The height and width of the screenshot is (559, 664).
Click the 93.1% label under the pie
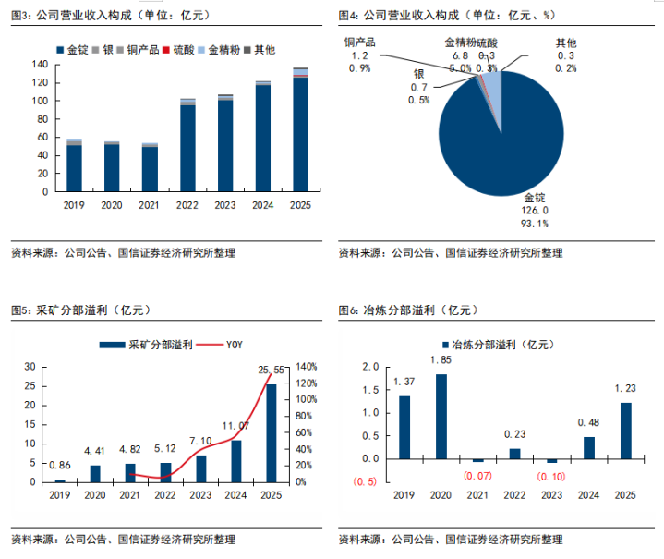point(536,224)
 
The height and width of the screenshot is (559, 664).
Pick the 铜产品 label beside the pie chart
point(359,42)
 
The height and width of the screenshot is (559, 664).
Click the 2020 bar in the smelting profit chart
point(442,416)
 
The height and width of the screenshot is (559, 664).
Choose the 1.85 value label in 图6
point(442,359)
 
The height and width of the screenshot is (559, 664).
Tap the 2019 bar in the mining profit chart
point(61,480)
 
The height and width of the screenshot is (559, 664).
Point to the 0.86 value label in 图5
point(61,467)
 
